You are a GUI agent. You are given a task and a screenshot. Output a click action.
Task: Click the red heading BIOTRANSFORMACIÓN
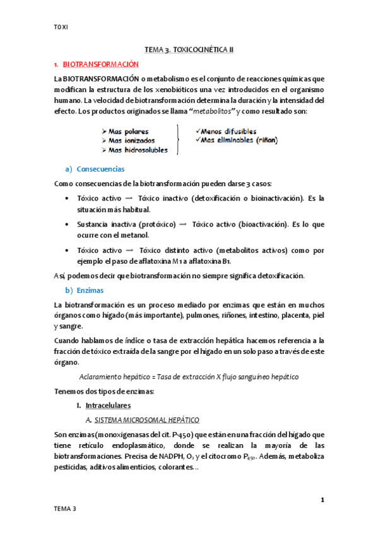(x=100, y=64)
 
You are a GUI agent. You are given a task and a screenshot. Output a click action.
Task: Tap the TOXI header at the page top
(x=61, y=26)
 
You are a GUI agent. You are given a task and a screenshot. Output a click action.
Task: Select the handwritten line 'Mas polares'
(x=129, y=132)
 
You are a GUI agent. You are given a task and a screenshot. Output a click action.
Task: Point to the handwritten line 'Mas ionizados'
(x=131, y=141)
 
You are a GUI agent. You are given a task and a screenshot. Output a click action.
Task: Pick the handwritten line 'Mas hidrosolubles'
(x=134, y=150)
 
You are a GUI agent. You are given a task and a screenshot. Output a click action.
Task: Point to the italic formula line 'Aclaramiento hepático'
(x=189, y=377)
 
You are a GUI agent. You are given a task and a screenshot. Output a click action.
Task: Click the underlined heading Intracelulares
(x=107, y=406)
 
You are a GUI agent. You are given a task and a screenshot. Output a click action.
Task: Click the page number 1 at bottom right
(x=322, y=500)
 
